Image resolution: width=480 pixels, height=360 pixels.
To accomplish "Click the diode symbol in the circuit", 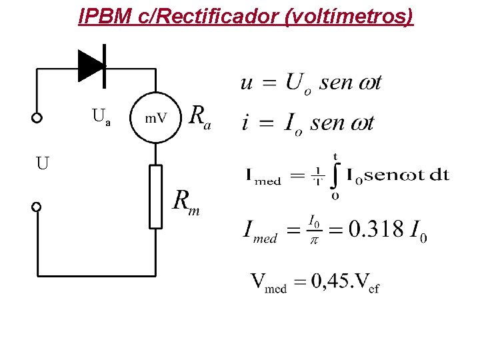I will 92,65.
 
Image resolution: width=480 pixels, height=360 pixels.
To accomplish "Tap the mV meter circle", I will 156,118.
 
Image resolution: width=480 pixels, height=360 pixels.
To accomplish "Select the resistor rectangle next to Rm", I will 156,197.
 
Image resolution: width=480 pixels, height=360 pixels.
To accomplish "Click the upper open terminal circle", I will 37,118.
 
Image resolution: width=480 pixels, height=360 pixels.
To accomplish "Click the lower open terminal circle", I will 37,207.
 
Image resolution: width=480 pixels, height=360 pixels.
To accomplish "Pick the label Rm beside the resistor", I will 187,202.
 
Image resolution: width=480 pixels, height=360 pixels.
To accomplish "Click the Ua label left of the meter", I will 101,118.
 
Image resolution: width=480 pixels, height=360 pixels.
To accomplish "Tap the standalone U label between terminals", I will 42,163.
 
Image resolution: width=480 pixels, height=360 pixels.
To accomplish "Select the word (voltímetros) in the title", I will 349,16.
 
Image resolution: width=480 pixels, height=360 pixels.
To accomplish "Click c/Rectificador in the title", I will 207,16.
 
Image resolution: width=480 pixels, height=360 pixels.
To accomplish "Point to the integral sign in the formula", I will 335,176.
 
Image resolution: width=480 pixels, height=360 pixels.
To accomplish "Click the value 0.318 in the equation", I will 371,231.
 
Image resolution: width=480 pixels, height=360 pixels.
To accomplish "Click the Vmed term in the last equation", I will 268,283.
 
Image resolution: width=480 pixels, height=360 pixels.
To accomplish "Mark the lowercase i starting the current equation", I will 245,123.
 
